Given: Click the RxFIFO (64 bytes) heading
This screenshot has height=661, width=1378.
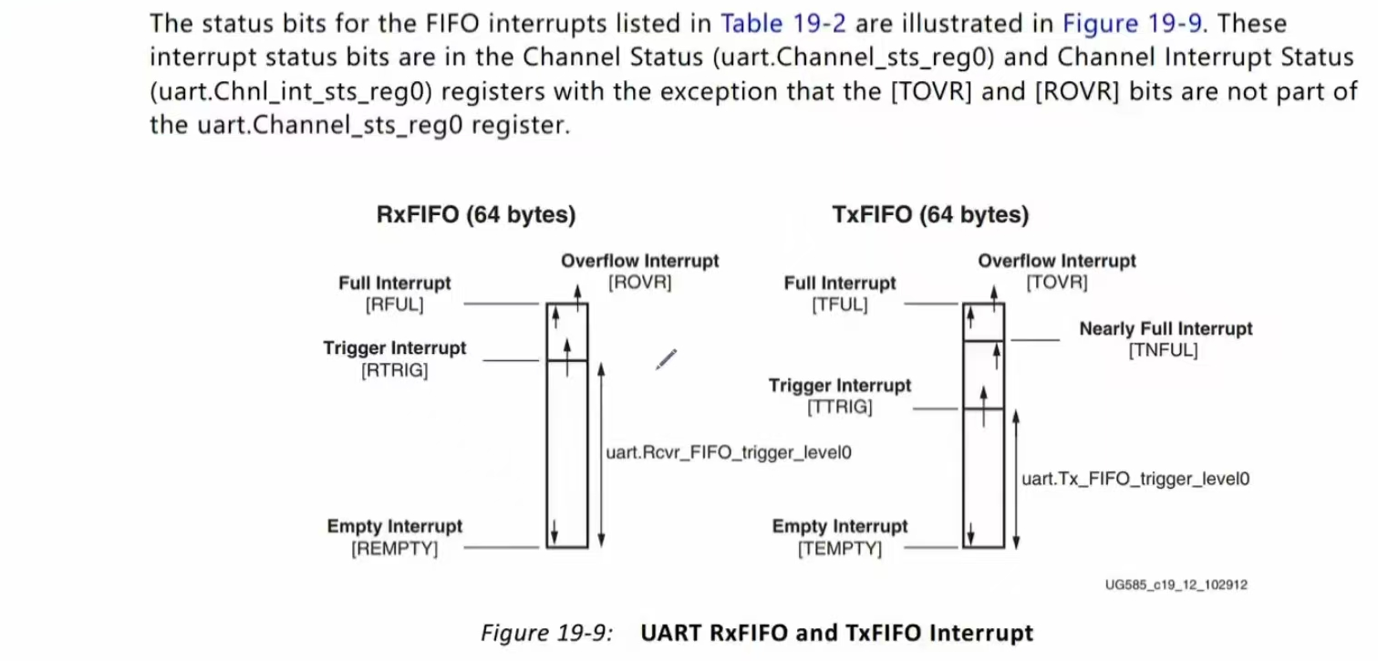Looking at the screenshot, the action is [475, 215].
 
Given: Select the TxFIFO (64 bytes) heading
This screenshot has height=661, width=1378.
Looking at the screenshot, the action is [930, 215].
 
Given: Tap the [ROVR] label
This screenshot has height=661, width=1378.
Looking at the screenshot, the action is [639, 283].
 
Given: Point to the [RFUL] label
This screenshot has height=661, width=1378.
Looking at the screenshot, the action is [394, 305].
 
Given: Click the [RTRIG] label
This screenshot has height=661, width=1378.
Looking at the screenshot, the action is [394, 370].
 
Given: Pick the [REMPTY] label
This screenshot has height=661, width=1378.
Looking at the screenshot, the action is [394, 549].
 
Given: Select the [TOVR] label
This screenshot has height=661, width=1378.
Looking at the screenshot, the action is [1057, 283].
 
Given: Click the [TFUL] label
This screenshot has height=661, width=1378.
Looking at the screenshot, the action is [839, 305].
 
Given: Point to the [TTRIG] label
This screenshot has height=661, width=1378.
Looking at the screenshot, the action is [839, 408].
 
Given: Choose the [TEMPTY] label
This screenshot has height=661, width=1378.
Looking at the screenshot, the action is [839, 549].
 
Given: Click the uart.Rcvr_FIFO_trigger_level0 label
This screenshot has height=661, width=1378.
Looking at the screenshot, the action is [729, 451].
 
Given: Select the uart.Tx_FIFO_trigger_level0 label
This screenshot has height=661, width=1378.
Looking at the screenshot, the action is [1135, 477].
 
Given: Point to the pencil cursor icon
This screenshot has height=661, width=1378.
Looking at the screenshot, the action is [667, 359].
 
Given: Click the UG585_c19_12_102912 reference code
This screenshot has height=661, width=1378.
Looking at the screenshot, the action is [1176, 584].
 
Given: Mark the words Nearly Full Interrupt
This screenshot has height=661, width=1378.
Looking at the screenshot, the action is [1166, 329].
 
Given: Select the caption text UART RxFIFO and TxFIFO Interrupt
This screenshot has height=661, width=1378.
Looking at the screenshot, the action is [836, 633].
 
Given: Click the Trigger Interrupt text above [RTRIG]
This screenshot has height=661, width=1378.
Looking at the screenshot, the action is [394, 348].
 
